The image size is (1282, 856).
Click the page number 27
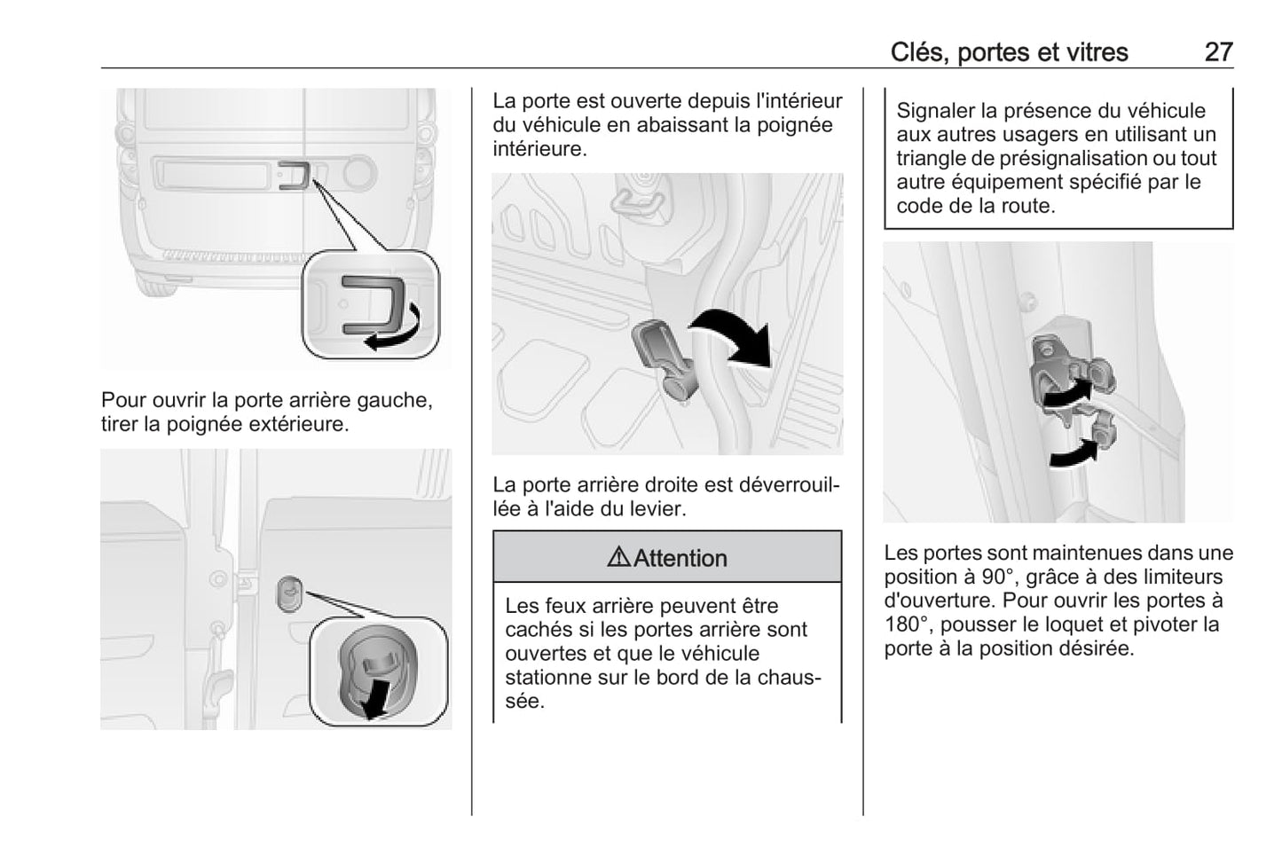pos(1218,52)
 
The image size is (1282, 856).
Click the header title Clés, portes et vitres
pos(1009,52)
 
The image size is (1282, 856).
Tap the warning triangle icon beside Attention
pos(618,557)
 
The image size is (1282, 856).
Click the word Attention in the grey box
pos(680,558)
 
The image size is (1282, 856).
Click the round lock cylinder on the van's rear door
pos(358,172)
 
